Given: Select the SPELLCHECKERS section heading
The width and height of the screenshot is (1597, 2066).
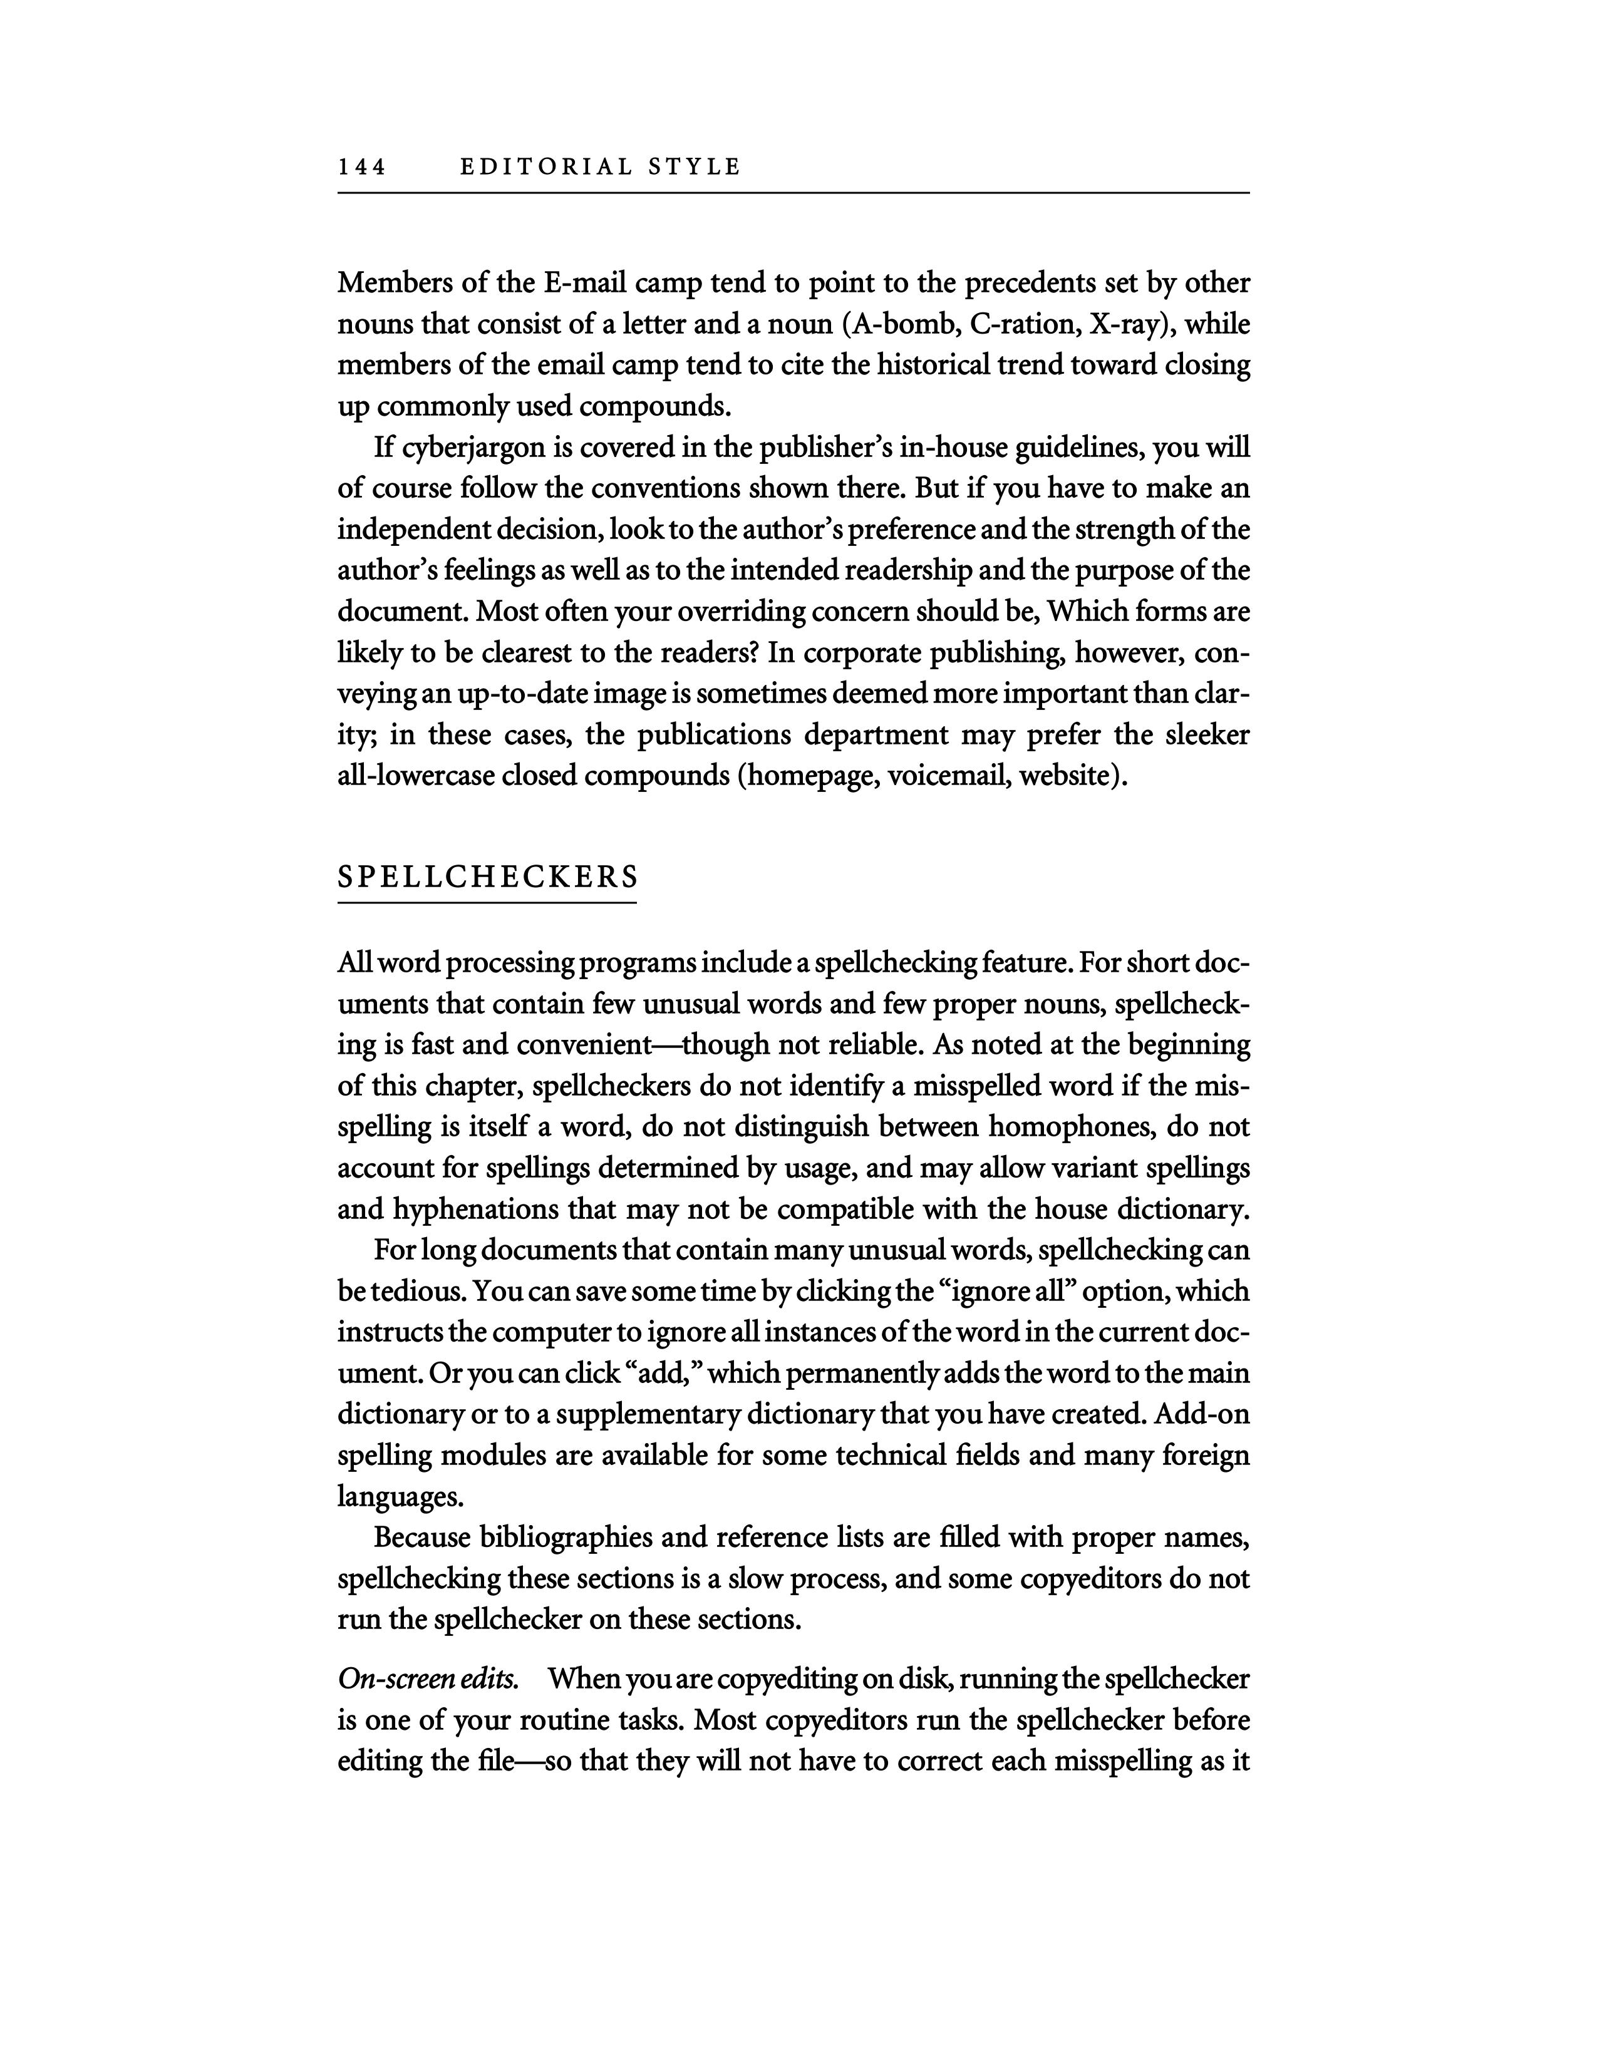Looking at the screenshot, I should click(487, 877).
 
